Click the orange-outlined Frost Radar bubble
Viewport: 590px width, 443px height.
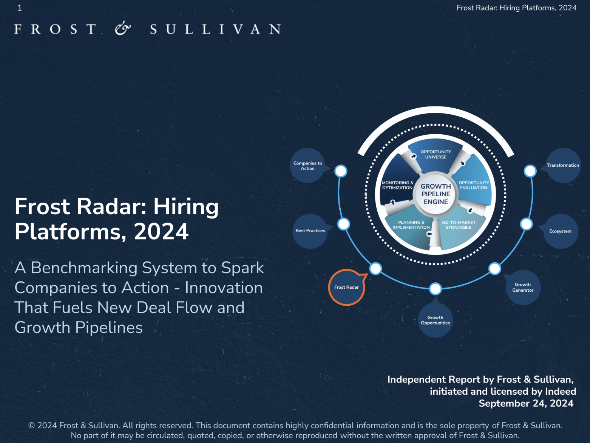coord(346,287)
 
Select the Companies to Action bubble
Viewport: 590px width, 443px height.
coord(307,166)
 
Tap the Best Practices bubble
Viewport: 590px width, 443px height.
coord(310,231)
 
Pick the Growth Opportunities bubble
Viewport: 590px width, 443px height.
coord(435,320)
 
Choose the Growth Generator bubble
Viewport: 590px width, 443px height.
coord(523,287)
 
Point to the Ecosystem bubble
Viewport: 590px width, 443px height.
coord(560,231)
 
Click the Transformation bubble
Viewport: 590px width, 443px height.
coord(563,165)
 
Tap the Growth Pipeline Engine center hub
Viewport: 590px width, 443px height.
coord(436,194)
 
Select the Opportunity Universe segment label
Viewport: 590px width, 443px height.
coord(436,154)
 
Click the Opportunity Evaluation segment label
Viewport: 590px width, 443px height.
coord(474,185)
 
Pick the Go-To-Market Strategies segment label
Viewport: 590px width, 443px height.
coord(459,225)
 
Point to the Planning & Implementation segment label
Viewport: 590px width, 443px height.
coord(411,225)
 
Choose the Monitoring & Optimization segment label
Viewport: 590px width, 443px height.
coord(397,185)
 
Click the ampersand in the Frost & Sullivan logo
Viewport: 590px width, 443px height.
coord(123,29)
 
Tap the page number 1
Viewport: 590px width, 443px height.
coord(20,8)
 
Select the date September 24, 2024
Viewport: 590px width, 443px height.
coord(526,403)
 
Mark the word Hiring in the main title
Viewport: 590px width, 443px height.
coord(186,207)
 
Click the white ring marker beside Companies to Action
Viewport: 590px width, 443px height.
coord(341,171)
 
